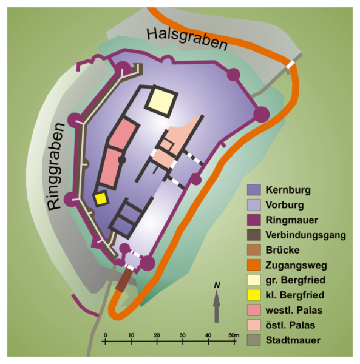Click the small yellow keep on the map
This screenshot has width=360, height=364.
(x=100, y=199)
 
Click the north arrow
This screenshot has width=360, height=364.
(x=216, y=306)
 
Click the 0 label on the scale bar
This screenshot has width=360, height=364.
(x=106, y=335)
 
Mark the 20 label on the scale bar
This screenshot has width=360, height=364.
(x=157, y=335)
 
